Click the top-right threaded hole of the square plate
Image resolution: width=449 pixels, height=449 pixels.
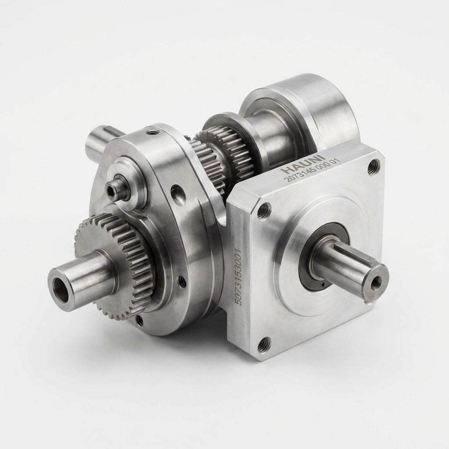pos(374,167)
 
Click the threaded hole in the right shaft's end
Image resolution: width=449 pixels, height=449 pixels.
pos(375,284)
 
